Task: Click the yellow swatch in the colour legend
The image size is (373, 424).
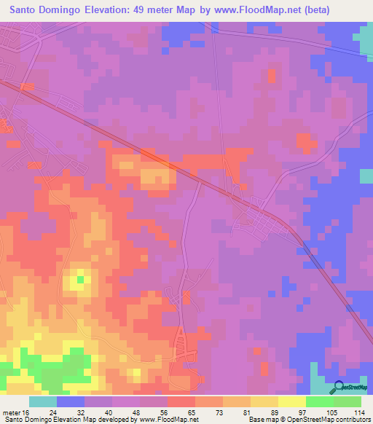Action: (x=291, y=401)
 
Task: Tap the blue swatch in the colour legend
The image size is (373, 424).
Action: (x=70, y=401)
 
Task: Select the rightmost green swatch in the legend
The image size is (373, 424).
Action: (x=348, y=401)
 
